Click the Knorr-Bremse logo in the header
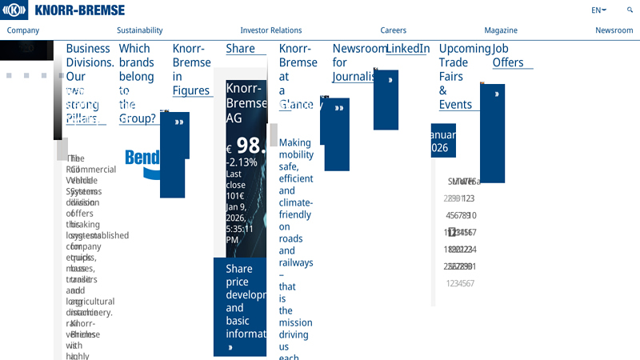63,10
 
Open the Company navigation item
23,30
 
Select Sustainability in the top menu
139,30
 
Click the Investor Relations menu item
271,30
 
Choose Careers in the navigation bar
393,30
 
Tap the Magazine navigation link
500,30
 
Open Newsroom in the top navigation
614,30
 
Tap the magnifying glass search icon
630,10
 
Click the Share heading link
240,49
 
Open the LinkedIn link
407,49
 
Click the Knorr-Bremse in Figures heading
191,70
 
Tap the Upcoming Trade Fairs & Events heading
464,76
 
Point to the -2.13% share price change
242,162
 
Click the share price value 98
250,146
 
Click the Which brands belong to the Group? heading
137,83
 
